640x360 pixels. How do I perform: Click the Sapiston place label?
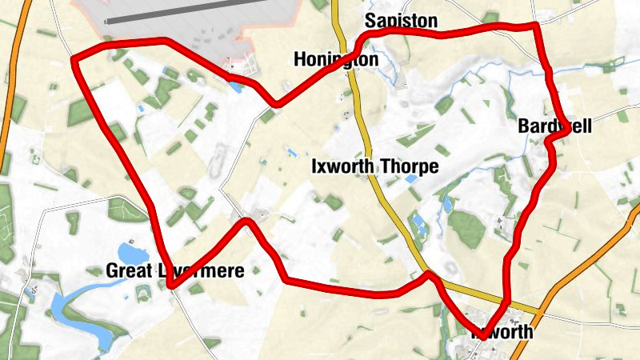[x=401, y=21]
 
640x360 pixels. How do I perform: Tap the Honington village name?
[x=335, y=60]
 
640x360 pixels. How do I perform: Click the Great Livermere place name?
[x=174, y=270]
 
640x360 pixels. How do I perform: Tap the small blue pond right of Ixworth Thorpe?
[x=410, y=181]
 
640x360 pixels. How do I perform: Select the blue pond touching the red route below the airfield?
[x=237, y=82]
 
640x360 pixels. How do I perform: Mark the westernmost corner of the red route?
[x=74, y=60]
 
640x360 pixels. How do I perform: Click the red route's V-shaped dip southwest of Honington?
[x=277, y=103]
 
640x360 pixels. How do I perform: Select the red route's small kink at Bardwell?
[x=550, y=141]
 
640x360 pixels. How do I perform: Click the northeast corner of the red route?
[x=537, y=26]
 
